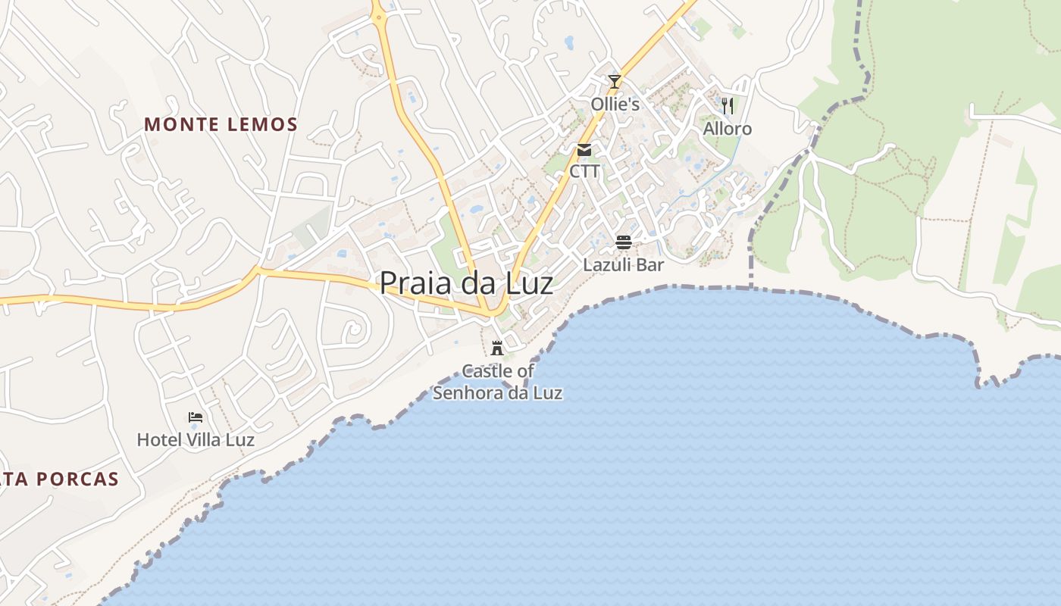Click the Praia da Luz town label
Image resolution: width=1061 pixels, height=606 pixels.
466,283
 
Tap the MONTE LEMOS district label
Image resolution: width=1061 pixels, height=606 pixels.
221,124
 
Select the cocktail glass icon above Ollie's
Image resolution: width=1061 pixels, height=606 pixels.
615,81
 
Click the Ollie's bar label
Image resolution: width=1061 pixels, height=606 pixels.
615,105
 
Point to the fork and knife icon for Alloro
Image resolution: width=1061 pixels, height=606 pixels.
728,105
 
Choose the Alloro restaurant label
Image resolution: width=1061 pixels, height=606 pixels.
728,129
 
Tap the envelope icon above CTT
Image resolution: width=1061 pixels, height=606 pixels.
584,149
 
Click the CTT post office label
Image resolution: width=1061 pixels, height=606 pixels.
584,171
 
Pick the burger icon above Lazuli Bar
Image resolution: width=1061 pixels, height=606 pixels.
624,242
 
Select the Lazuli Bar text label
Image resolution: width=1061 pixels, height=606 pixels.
623,265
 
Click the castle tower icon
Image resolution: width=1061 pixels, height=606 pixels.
497,348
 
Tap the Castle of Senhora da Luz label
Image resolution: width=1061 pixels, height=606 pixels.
497,382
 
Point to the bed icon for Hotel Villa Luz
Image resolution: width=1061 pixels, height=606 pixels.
196,417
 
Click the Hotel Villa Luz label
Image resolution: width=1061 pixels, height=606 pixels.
196,439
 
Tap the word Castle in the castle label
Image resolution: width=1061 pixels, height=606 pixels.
487,371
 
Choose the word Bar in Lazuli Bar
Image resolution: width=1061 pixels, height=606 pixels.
649,265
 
